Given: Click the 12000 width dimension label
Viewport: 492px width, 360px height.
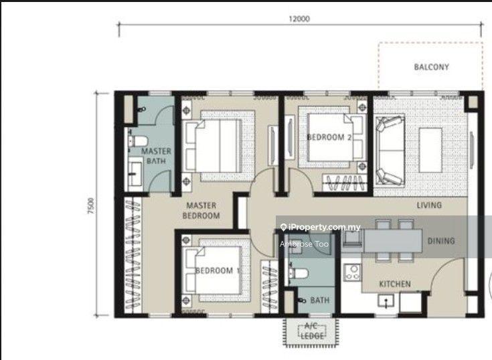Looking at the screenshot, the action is pos(299,19).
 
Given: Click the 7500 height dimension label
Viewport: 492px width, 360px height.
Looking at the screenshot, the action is pos(90,205).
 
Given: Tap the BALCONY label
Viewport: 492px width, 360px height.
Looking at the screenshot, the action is pos(432,67).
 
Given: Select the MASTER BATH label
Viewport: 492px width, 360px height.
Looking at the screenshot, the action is pos(156,156).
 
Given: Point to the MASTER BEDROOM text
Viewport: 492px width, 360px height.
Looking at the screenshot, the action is pos(201,210).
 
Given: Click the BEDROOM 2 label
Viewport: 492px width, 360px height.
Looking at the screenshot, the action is pos(329,137).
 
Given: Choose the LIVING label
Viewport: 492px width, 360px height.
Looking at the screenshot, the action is pos(429,205).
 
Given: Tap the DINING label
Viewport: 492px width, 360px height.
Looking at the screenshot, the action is pos(441,241).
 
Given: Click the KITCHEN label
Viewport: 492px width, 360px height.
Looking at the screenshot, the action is pos(395,284).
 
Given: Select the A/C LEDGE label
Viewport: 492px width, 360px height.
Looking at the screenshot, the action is pos(312,331).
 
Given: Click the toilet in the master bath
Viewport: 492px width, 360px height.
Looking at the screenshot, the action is pos(137,141).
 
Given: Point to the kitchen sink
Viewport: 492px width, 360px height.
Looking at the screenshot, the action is pos(386,302).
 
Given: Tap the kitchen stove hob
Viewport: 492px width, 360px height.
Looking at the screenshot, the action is pos(352,272).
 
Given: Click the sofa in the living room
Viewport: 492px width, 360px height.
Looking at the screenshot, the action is pos(390,151).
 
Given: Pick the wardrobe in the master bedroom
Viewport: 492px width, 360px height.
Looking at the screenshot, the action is pos(133,255).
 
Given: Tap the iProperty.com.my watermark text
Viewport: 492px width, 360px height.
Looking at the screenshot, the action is pos(321,227).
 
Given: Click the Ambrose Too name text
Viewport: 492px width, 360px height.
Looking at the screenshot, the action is pos(304,244).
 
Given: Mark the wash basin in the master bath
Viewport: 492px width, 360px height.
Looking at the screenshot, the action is pos(135,173).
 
